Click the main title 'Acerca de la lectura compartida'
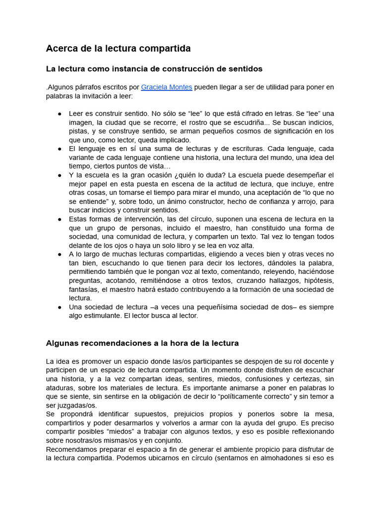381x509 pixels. point(118,48)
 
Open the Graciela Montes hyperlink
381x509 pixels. point(167,87)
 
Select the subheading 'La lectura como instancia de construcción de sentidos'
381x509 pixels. point(154,68)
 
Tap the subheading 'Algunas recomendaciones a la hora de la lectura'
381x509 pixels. point(142,343)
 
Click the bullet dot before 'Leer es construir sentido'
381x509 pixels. point(60,114)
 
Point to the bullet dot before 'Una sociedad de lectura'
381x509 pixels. point(60,307)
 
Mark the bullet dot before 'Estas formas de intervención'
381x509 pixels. point(60,219)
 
